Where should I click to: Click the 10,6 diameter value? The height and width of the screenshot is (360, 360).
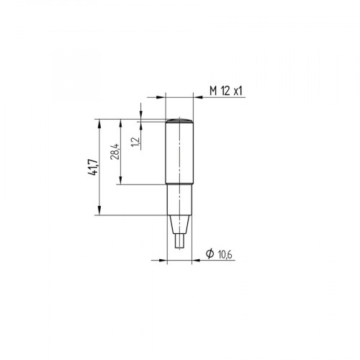224,253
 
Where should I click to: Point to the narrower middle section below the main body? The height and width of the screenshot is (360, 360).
179,200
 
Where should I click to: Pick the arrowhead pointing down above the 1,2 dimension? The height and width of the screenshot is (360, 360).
141,115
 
